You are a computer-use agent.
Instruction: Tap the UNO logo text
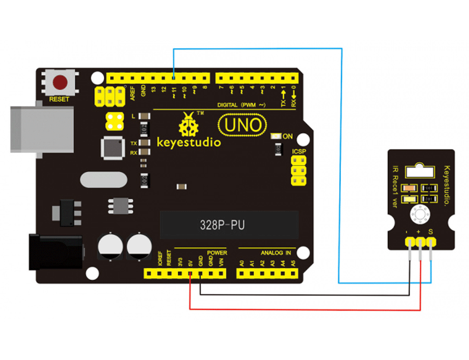pos(242,125)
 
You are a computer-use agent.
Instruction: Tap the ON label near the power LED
pos(287,137)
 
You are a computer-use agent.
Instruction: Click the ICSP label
pos(299,152)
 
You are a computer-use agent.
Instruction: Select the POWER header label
pos(217,253)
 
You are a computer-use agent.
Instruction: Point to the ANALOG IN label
pos(276,253)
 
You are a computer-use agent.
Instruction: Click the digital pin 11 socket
pos(174,77)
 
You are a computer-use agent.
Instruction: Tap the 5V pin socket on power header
pos(190,273)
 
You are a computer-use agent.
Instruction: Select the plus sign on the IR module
pos(418,231)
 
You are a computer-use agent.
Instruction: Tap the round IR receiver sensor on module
pos(419,214)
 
